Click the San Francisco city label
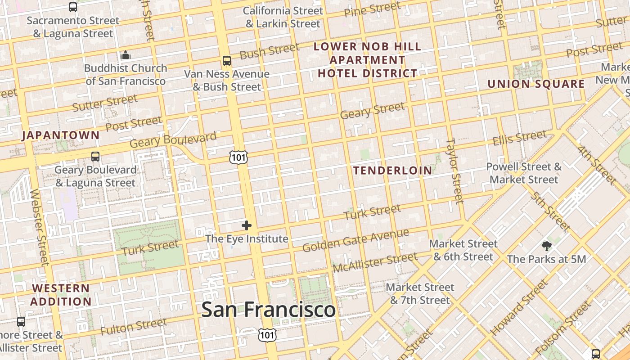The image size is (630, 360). pyautogui.click(x=268, y=310)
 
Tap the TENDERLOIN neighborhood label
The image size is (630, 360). pyautogui.click(x=392, y=170)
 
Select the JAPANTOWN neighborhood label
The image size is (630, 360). pyautogui.click(x=60, y=135)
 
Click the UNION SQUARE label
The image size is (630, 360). pyautogui.click(x=536, y=84)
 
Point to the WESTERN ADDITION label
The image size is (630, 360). pyautogui.click(x=61, y=295)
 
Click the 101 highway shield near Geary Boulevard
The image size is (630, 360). pyautogui.click(x=238, y=157)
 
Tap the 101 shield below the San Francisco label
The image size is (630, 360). pyautogui.click(x=267, y=334)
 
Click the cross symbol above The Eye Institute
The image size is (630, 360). pyautogui.click(x=246, y=225)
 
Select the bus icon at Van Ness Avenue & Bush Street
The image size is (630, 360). pyautogui.click(x=227, y=60)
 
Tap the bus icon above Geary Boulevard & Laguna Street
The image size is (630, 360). pyautogui.click(x=95, y=157)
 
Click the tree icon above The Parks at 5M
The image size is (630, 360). pyautogui.click(x=547, y=246)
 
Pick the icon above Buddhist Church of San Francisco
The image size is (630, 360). pyautogui.click(x=126, y=55)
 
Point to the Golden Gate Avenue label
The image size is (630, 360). pyautogui.click(x=355, y=240)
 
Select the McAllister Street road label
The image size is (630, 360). pyautogui.click(x=375, y=263)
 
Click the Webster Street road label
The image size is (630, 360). pyautogui.click(x=39, y=227)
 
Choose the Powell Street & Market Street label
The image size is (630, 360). pyautogui.click(x=524, y=173)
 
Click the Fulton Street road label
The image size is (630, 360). pyautogui.click(x=133, y=327)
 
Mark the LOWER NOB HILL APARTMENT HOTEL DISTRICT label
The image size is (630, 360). pyautogui.click(x=368, y=59)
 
